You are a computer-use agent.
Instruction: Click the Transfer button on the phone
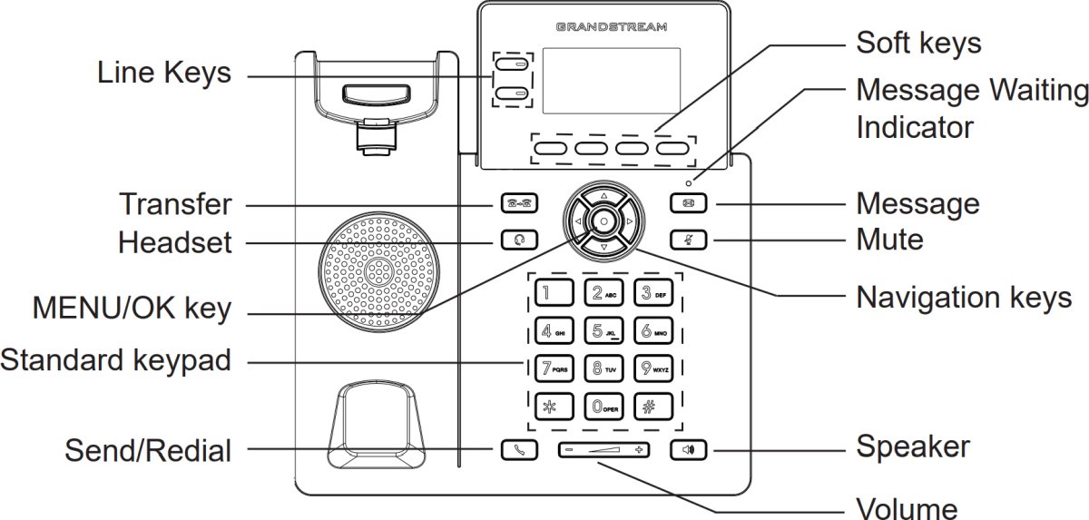(x=518, y=204)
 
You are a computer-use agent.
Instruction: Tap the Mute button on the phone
(x=688, y=240)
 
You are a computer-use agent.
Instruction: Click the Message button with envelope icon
(x=688, y=204)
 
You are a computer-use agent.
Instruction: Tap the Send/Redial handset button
(x=518, y=449)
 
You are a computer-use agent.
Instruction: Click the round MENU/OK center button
(x=603, y=221)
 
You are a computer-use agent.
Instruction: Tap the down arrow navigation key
(x=603, y=246)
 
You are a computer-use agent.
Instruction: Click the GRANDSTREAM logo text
(x=612, y=28)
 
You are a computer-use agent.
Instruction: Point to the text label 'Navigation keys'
(x=964, y=297)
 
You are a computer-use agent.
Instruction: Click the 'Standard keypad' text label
(x=115, y=361)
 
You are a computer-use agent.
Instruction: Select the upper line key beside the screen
(x=514, y=66)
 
